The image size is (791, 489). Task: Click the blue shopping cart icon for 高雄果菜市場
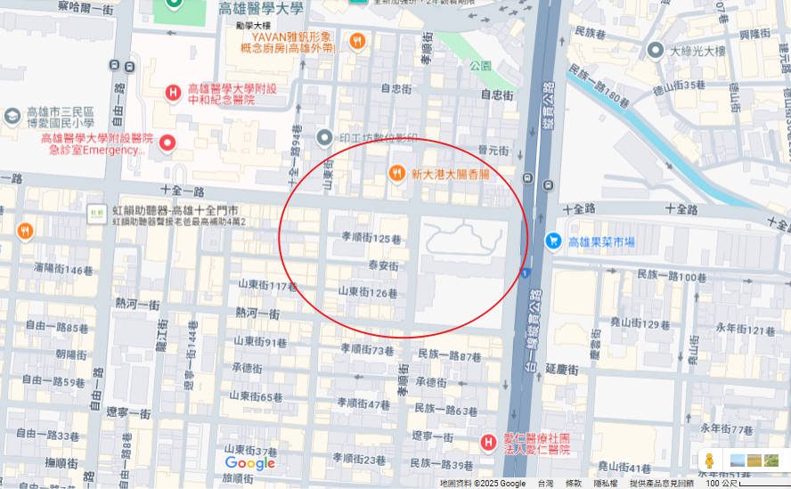click(x=553, y=240)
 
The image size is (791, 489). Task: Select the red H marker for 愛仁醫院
click(x=488, y=442)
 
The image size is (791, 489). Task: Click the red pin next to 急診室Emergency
click(x=167, y=143)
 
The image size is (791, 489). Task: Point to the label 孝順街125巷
click(x=371, y=238)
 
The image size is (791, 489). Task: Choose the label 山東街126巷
click(x=367, y=292)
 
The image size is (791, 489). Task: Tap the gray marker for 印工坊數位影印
click(x=324, y=137)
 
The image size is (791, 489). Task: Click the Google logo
click(x=249, y=463)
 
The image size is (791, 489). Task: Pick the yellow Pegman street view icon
click(x=710, y=460)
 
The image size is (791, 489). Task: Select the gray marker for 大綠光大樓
click(x=656, y=50)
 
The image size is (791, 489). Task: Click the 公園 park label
click(x=480, y=65)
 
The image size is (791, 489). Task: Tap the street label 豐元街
click(x=492, y=151)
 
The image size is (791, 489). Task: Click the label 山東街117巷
click(x=267, y=286)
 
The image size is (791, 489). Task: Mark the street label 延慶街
click(x=562, y=369)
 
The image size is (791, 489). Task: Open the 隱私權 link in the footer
click(x=605, y=483)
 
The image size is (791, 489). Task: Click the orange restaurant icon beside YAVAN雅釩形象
click(x=356, y=41)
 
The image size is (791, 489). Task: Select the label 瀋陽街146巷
click(x=63, y=269)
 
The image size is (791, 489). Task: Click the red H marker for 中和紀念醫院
click(x=174, y=93)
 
